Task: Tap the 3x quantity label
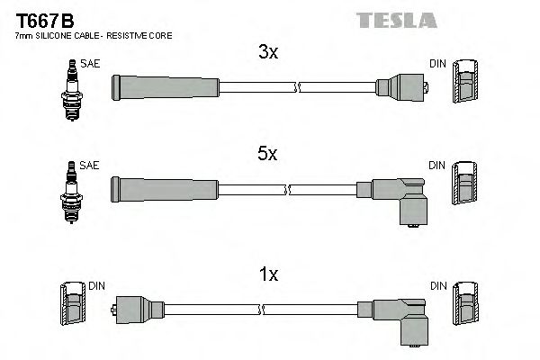[x=267, y=53]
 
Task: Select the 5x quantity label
[x=267, y=155]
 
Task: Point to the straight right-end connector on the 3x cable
[x=401, y=87]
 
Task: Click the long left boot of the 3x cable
[x=164, y=87]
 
